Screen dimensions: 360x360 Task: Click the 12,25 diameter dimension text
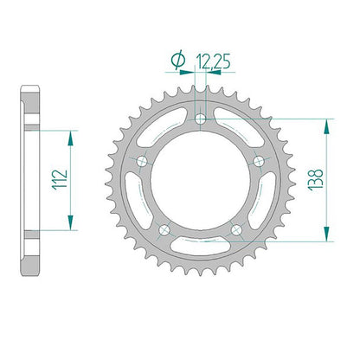pos(213,61)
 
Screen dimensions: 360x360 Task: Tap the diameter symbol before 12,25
pos(178,60)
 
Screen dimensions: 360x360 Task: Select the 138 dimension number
pos(316,179)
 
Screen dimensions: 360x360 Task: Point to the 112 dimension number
pos(60,179)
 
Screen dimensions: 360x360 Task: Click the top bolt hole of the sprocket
pos(200,119)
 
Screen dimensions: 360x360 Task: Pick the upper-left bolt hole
pos(142,161)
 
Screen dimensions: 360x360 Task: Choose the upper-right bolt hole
pos(259,161)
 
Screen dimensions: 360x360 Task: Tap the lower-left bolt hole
pos(164,229)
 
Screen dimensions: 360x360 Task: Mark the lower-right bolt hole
pos(236,229)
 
